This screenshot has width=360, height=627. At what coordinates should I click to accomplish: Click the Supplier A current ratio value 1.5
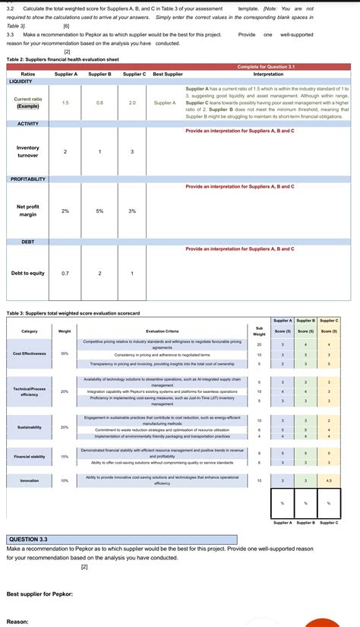[65, 103]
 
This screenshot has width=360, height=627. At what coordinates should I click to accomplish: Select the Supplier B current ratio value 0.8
[99, 103]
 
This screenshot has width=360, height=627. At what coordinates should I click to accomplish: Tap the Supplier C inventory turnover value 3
[133, 152]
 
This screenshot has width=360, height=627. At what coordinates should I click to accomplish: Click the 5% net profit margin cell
[99, 211]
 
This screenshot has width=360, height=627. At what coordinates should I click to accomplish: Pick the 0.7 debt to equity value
[65, 273]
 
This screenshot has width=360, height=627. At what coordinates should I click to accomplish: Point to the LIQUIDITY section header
[21, 81]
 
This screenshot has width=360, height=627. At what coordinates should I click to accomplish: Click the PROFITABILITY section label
[28, 179]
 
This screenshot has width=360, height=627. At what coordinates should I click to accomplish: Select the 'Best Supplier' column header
[167, 74]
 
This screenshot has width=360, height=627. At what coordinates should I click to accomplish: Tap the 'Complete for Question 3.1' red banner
[270, 67]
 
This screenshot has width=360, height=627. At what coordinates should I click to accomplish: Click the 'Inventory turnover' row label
[28, 151]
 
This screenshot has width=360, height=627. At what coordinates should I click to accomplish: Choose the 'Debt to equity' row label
[28, 273]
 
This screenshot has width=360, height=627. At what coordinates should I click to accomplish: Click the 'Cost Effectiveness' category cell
[30, 353]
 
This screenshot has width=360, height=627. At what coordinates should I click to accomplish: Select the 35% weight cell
[65, 353]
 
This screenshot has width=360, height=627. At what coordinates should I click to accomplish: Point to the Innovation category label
[30, 480]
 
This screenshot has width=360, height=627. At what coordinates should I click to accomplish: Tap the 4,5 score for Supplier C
[329, 480]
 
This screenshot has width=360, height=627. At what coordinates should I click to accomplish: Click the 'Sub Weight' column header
[259, 331]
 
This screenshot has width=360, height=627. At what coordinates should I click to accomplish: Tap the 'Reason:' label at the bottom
[17, 621]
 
